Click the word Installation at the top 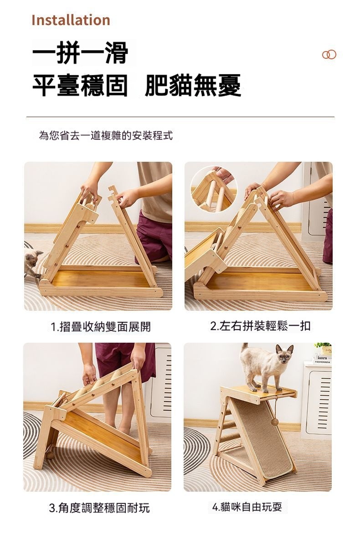tap(71, 21)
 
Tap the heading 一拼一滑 tap(80, 53)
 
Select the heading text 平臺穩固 tap(80, 85)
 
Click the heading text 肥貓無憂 tap(193, 85)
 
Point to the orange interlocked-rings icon tap(329, 54)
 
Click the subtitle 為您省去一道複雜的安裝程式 tap(106, 135)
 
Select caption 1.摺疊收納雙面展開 tap(101, 326)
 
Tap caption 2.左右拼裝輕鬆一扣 tap(260, 326)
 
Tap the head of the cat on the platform tap(284, 354)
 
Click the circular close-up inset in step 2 tap(213, 189)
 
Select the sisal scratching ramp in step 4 tap(262, 438)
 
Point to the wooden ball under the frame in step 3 tap(51, 455)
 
